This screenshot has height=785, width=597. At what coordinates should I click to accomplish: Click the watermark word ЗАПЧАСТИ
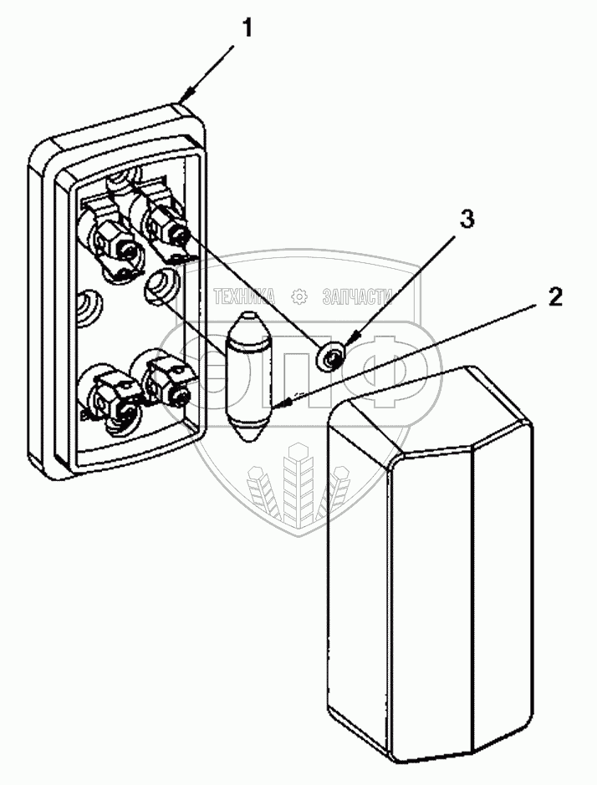pos(357,296)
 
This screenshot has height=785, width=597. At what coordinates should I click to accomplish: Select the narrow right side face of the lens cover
pos(502,585)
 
